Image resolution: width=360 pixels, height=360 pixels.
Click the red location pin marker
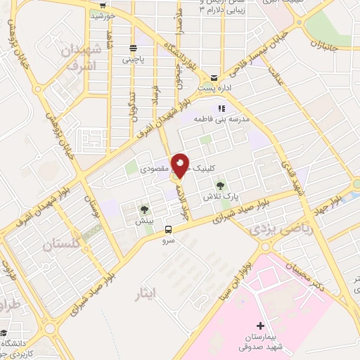(181, 166)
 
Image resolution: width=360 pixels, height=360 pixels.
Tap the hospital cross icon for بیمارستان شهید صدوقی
(261, 326)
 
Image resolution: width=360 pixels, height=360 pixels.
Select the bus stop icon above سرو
(168, 229)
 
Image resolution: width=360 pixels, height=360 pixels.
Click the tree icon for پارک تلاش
(221, 186)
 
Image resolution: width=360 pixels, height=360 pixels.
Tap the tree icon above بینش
(145, 210)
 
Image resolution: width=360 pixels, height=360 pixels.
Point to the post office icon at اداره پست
(214, 78)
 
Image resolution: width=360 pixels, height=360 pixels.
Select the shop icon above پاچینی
(133, 49)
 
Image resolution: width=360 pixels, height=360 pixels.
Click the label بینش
(145, 221)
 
